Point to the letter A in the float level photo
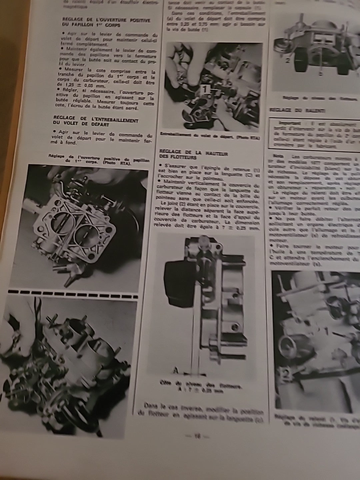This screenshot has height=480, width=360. coord(176,370)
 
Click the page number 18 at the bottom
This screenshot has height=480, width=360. coord(197,436)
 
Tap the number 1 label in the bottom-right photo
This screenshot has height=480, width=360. coord(327,331)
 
